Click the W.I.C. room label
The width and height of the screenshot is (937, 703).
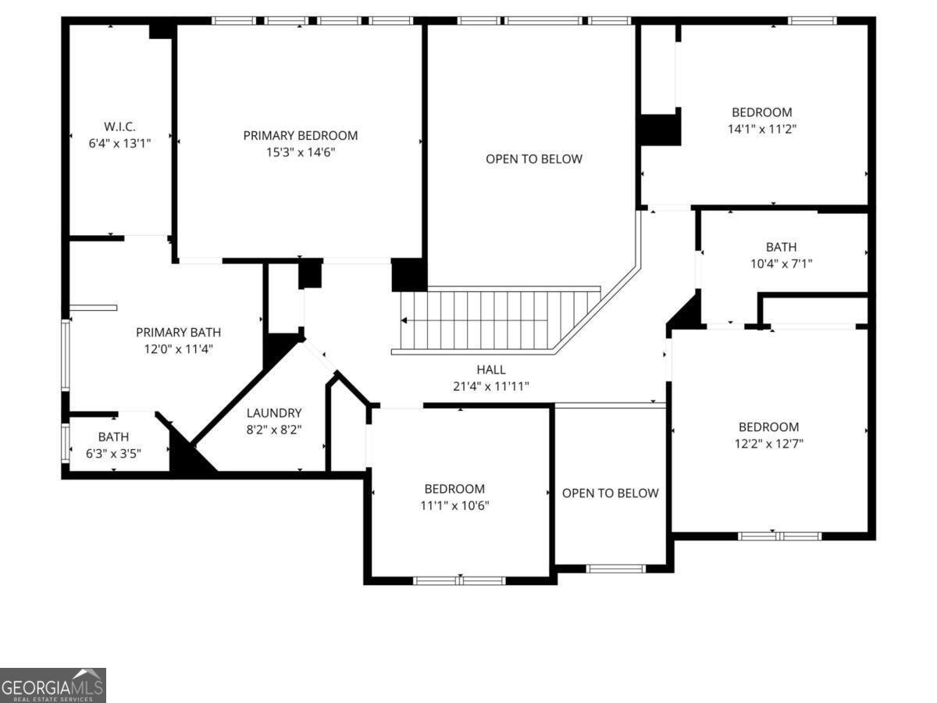119,127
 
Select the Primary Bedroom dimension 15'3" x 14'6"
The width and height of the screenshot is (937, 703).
301,152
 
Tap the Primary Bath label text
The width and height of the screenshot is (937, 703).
178,332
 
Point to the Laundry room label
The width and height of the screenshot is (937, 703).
274,412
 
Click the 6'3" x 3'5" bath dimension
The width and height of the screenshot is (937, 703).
114,453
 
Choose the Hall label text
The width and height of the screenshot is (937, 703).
491,369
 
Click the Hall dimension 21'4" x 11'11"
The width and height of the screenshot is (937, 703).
491,386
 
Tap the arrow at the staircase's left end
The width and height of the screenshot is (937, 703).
404,320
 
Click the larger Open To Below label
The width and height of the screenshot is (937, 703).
534,159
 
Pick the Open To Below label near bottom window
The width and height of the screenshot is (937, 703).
611,493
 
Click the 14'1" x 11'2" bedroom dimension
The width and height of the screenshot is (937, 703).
761,129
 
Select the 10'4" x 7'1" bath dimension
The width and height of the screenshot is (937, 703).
781,264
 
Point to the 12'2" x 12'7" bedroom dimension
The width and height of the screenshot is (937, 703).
769,443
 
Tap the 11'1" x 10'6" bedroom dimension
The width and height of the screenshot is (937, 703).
454,505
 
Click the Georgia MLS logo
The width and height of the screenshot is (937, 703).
52,685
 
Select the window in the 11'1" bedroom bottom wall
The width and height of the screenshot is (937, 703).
459,580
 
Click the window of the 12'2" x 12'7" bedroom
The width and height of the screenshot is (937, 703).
779,536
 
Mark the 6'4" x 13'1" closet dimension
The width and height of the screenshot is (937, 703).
119,143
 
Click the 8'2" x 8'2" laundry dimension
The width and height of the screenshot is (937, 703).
274,429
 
